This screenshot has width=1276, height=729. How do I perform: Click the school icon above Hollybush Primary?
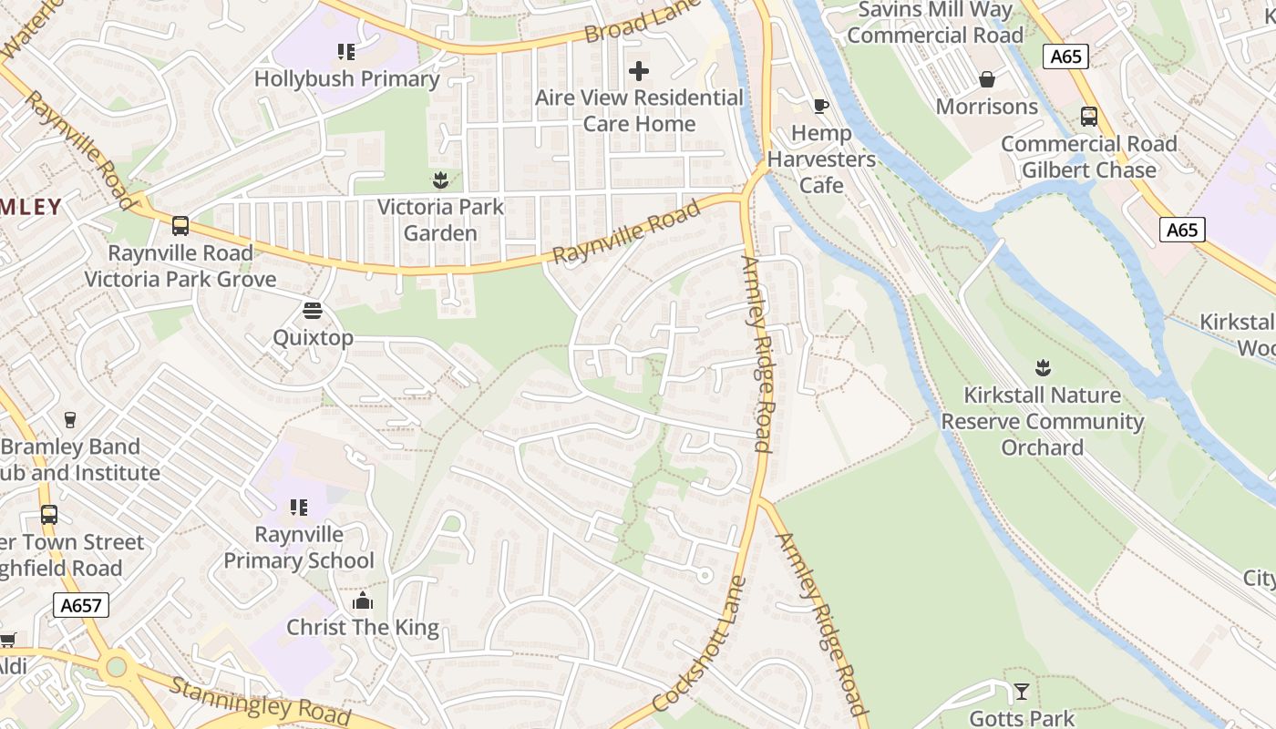click(x=345, y=51)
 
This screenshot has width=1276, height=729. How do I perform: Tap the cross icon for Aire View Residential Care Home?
click(x=639, y=70)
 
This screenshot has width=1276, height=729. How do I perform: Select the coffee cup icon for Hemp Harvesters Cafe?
click(x=820, y=106)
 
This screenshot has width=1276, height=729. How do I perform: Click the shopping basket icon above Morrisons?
click(x=986, y=79)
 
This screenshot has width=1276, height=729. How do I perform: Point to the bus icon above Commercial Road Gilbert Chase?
click(x=1088, y=117)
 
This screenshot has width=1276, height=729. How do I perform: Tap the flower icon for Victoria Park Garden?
click(x=440, y=180)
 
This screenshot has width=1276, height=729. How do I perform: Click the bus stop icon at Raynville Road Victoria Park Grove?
click(x=180, y=225)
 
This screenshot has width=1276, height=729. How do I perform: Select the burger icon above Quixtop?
click(x=313, y=311)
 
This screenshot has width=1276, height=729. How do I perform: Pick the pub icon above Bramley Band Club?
click(x=70, y=419)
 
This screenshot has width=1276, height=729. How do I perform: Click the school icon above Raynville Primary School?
click(x=299, y=507)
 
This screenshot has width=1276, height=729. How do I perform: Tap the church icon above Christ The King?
click(x=363, y=601)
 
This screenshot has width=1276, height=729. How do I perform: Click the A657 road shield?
click(x=81, y=605)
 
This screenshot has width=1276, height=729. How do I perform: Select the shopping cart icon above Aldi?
click(x=7, y=640)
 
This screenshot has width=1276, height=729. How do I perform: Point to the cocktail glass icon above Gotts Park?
click(x=1022, y=692)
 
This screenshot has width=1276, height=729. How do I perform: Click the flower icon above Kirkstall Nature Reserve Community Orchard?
click(x=1043, y=368)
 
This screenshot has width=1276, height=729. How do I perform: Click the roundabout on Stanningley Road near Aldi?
click(x=116, y=667)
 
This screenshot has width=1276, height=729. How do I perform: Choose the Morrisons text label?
click(x=986, y=107)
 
